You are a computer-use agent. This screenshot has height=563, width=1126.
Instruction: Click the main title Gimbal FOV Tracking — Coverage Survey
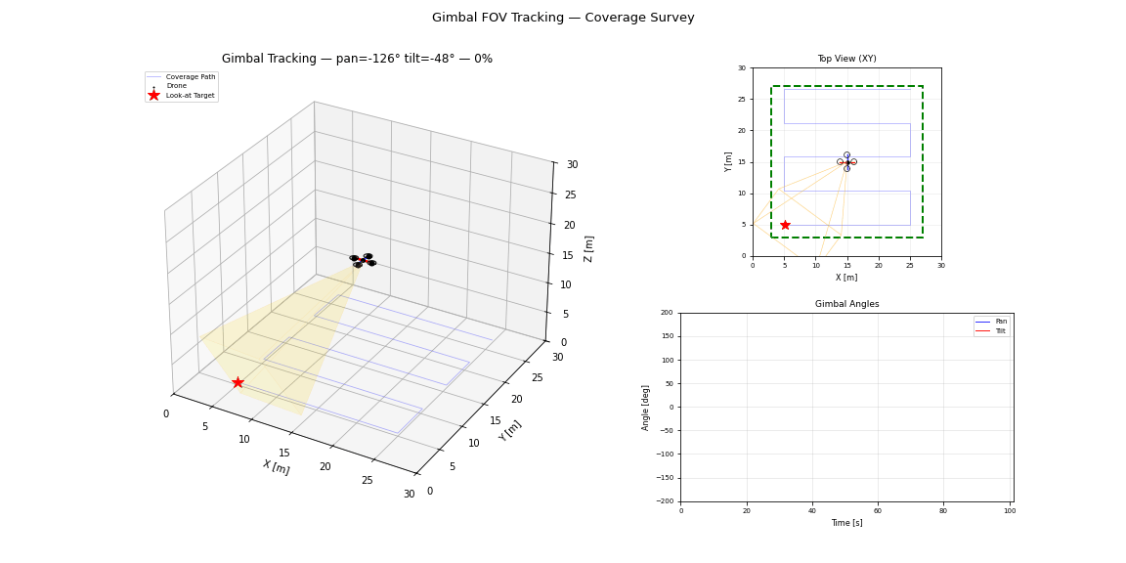pyautogui.click(x=563, y=18)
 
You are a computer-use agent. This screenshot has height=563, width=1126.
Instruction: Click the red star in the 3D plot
pyautogui.click(x=238, y=383)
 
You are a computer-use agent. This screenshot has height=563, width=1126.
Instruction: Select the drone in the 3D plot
pyautogui.click(x=364, y=260)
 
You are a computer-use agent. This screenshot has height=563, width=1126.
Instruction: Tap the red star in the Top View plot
pyautogui.click(x=785, y=225)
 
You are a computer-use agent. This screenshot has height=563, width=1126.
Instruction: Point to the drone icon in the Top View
pyautogui.click(x=846, y=161)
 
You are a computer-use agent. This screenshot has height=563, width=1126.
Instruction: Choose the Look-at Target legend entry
pyautogui.click(x=182, y=96)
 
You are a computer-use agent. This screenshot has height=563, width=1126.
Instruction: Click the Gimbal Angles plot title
pyautogui.click(x=846, y=304)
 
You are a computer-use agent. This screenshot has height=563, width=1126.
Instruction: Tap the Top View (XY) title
pyautogui.click(x=846, y=59)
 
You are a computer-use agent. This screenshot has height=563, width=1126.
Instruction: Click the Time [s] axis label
pyautogui.click(x=846, y=523)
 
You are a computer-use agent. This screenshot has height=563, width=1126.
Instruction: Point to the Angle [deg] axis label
pyautogui.click(x=645, y=408)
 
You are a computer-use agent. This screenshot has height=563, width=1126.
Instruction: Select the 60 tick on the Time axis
pyautogui.click(x=878, y=510)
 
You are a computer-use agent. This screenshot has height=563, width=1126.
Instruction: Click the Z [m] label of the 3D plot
pyautogui.click(x=588, y=248)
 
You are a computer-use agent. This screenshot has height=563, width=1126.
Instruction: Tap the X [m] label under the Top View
pyautogui.click(x=846, y=278)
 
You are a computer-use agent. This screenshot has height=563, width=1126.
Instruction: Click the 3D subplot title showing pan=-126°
pyautogui.click(x=357, y=59)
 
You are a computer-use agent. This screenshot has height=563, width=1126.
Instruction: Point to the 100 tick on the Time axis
pyautogui.click(x=1009, y=510)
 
